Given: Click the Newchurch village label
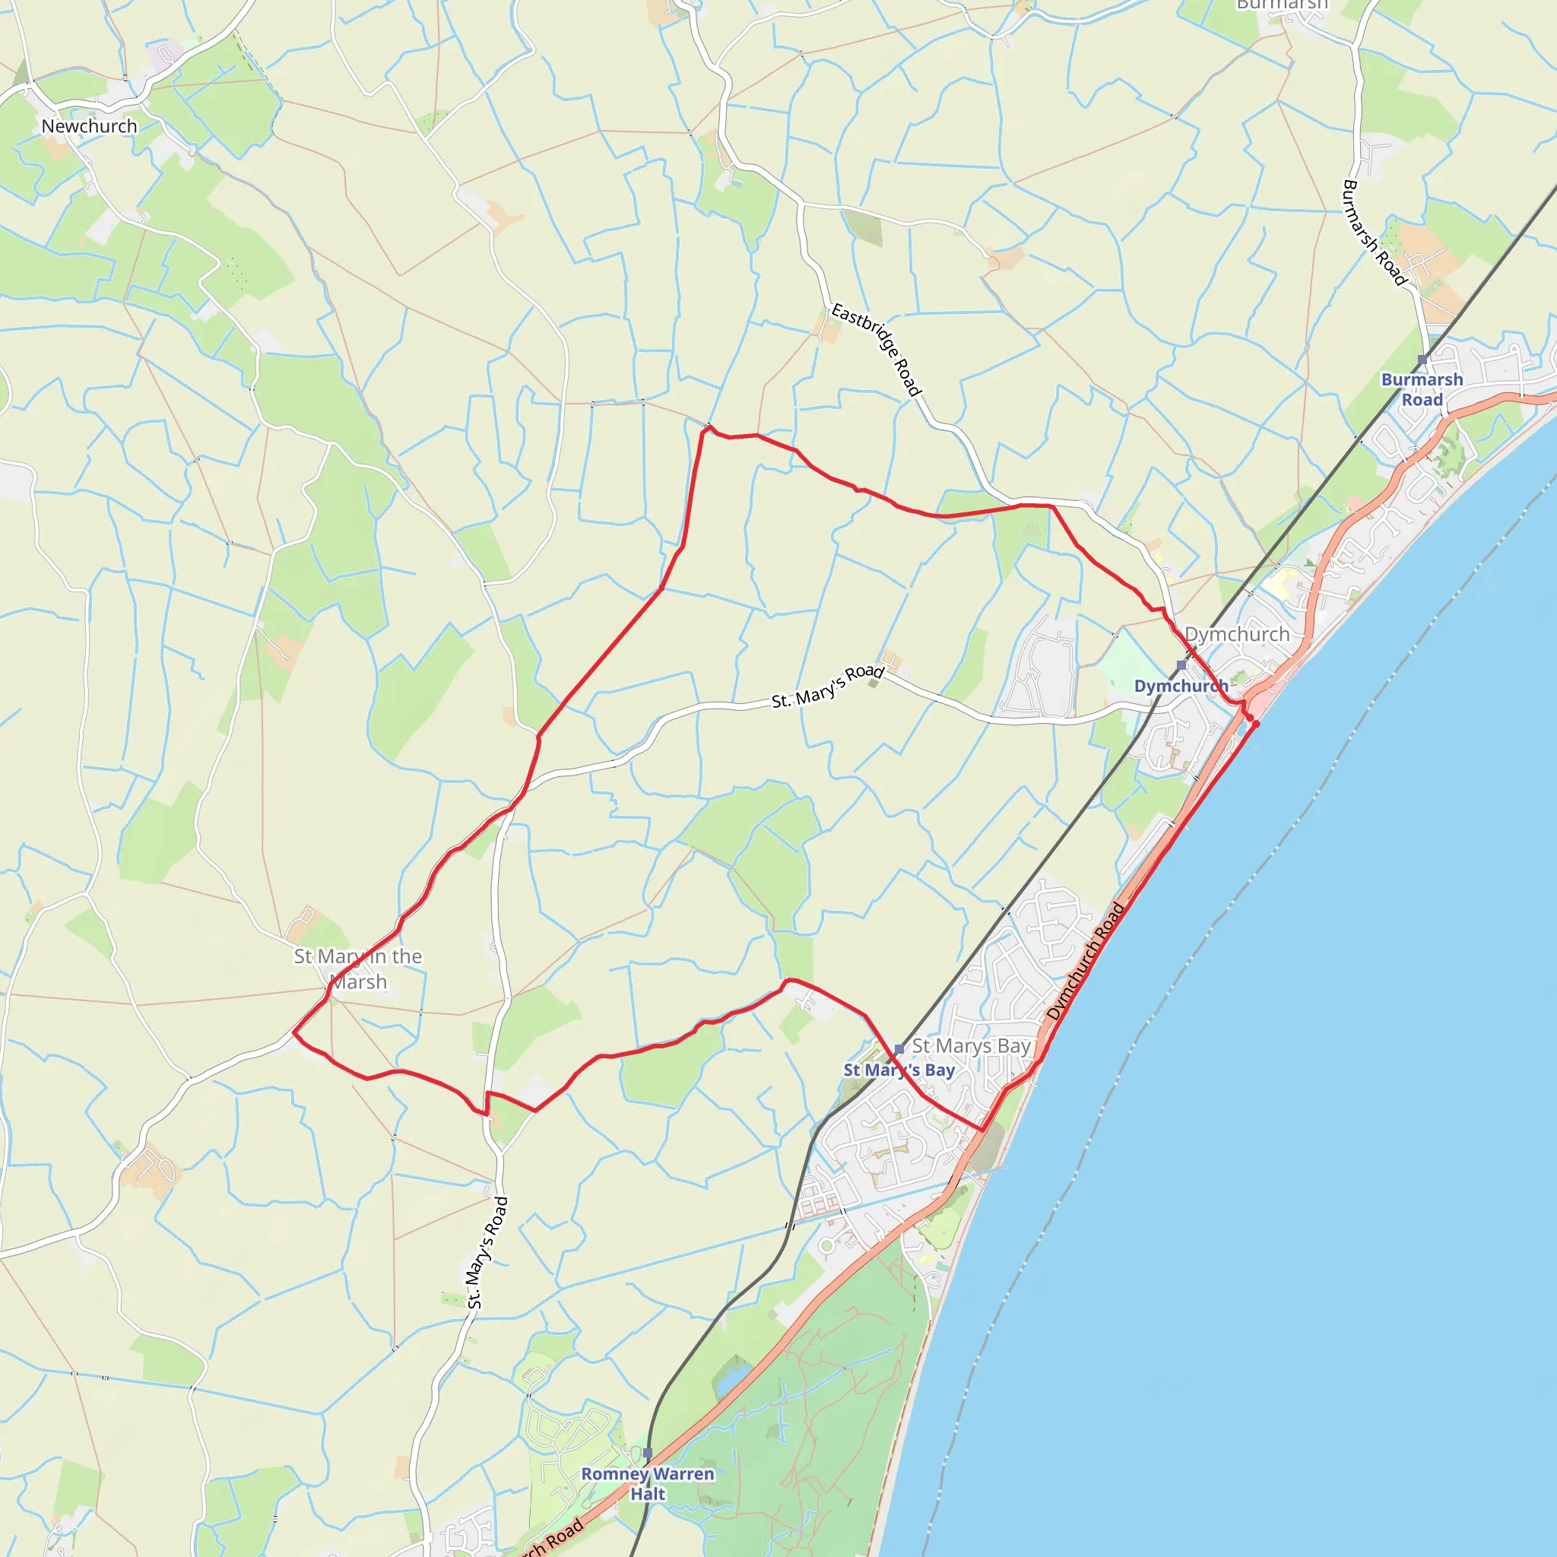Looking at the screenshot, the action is pos(90,126).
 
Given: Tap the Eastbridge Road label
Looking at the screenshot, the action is pos(876,349).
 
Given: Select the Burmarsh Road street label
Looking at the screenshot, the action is pos(1374,232).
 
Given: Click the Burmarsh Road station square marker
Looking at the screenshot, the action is pos(1422,360).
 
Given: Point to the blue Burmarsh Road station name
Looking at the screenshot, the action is pos(1422,389).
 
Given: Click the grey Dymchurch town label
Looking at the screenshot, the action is pos(1237,634).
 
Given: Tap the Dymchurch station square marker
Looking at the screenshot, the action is pos(1181,665).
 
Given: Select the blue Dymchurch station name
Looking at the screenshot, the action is pos(1181,686).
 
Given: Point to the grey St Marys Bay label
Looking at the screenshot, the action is pos(971,1046).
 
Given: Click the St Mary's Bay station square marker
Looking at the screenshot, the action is pos(899,1049).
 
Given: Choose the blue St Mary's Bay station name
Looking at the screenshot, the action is pos(899,1070).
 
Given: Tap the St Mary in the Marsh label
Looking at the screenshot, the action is pos(358,969).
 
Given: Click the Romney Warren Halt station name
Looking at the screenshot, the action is pos(648,1484).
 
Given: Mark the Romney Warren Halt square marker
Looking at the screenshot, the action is pos(648,1453).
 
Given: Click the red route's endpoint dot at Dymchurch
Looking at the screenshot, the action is pos(1254,724).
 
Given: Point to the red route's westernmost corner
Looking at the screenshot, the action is pos(293,1032).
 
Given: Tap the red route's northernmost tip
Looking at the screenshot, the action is pos(709,427).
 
